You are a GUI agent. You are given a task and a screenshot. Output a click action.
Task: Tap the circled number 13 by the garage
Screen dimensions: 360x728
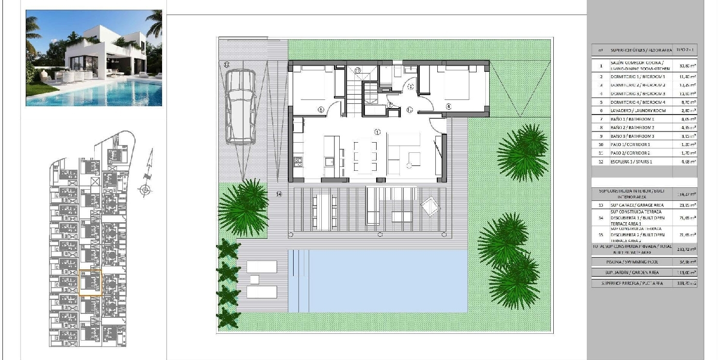tap(227, 64)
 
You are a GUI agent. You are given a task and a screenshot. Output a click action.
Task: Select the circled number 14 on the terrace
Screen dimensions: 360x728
tap(279, 194)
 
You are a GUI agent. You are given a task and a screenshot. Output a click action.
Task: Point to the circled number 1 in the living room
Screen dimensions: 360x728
tap(377, 131)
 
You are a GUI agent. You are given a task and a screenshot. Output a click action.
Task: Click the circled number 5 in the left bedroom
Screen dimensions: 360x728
tap(321, 110)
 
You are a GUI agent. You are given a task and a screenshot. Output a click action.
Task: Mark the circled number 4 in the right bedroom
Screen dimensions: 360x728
tap(448, 106)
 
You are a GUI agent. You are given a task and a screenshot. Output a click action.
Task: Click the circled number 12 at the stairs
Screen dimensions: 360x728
tap(358, 70)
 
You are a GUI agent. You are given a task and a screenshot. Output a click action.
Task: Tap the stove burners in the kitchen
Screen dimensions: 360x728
tap(298, 161)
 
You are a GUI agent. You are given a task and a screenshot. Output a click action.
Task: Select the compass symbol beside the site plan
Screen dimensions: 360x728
tap(145, 190)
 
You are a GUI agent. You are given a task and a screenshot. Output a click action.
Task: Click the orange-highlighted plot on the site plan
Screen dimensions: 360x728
tap(90, 283)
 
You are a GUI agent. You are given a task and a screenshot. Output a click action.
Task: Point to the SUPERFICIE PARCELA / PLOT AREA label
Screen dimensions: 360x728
tap(632, 283)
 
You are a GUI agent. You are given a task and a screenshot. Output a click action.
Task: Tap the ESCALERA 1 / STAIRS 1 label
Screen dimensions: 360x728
tap(631, 162)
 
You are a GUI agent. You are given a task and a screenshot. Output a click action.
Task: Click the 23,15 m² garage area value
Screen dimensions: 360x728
tap(684, 205)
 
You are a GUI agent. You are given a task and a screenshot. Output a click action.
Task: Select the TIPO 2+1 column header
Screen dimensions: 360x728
tap(684, 50)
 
